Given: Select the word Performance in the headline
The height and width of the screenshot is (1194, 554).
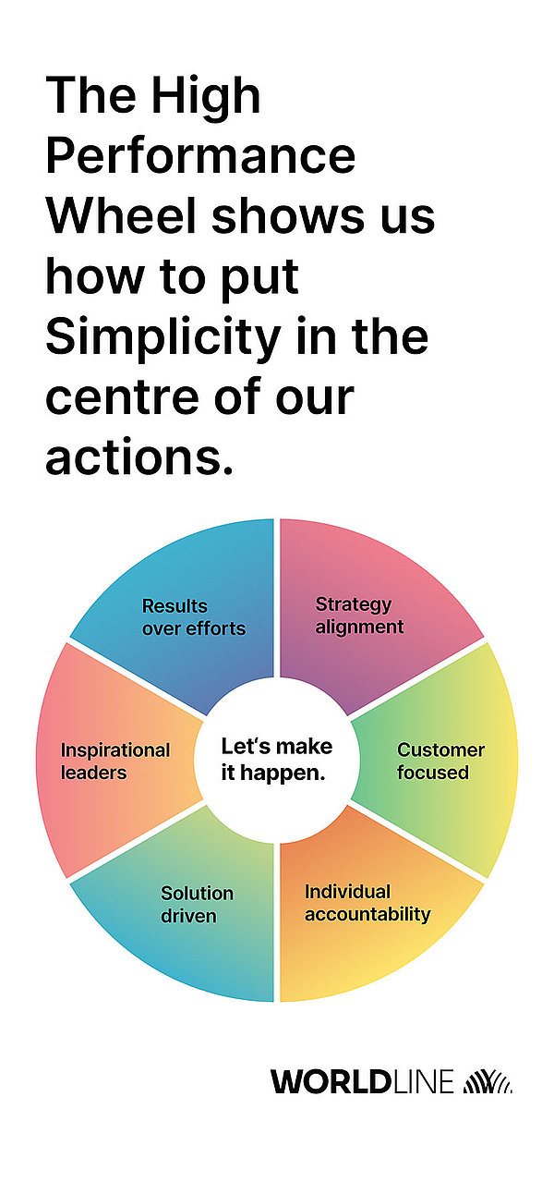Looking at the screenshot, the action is (200, 155).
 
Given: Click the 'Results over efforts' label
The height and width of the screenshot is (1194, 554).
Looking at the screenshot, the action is (194, 617).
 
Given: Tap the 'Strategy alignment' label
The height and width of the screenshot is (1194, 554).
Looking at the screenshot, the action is (359, 615).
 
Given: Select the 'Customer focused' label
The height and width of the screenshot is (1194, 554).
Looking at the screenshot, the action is (441, 761).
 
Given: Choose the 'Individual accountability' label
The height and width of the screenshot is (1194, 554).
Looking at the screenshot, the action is (367, 902).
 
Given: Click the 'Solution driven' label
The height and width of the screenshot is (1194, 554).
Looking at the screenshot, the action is (197, 905).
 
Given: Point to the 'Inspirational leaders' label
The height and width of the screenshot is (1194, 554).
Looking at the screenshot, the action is (115, 761).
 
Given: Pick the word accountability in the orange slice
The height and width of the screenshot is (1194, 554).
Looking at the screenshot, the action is (367, 915).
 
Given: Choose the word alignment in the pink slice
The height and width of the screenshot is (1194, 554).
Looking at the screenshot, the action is (359, 627).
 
